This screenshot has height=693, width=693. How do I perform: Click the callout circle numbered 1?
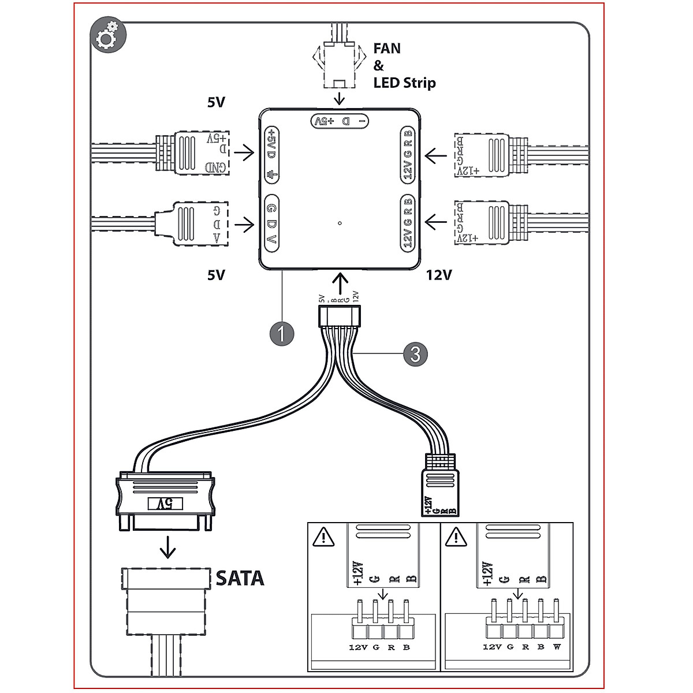pyautogui.click(x=281, y=333)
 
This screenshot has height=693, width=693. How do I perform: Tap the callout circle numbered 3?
pyautogui.click(x=416, y=353)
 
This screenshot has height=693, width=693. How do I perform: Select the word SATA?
pyautogui.click(x=240, y=578)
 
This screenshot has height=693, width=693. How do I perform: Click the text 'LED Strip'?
pyautogui.click(x=404, y=83)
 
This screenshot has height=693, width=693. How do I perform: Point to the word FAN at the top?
pyautogui.click(x=386, y=49)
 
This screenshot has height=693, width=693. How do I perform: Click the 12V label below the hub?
pyautogui.click(x=439, y=275)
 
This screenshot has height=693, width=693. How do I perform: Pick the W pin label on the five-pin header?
pyautogui.click(x=557, y=647)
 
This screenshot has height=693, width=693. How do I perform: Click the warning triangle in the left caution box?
pyautogui.click(x=323, y=538)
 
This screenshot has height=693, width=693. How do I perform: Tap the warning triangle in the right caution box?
pyautogui.click(x=456, y=538)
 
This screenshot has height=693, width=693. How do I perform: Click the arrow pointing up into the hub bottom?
pyautogui.click(x=341, y=283)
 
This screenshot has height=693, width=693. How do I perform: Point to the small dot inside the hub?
pyautogui.click(x=340, y=223)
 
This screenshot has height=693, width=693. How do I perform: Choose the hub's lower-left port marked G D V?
pyautogui.click(x=271, y=223)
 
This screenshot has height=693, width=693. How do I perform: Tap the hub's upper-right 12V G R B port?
pyautogui.click(x=408, y=154)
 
